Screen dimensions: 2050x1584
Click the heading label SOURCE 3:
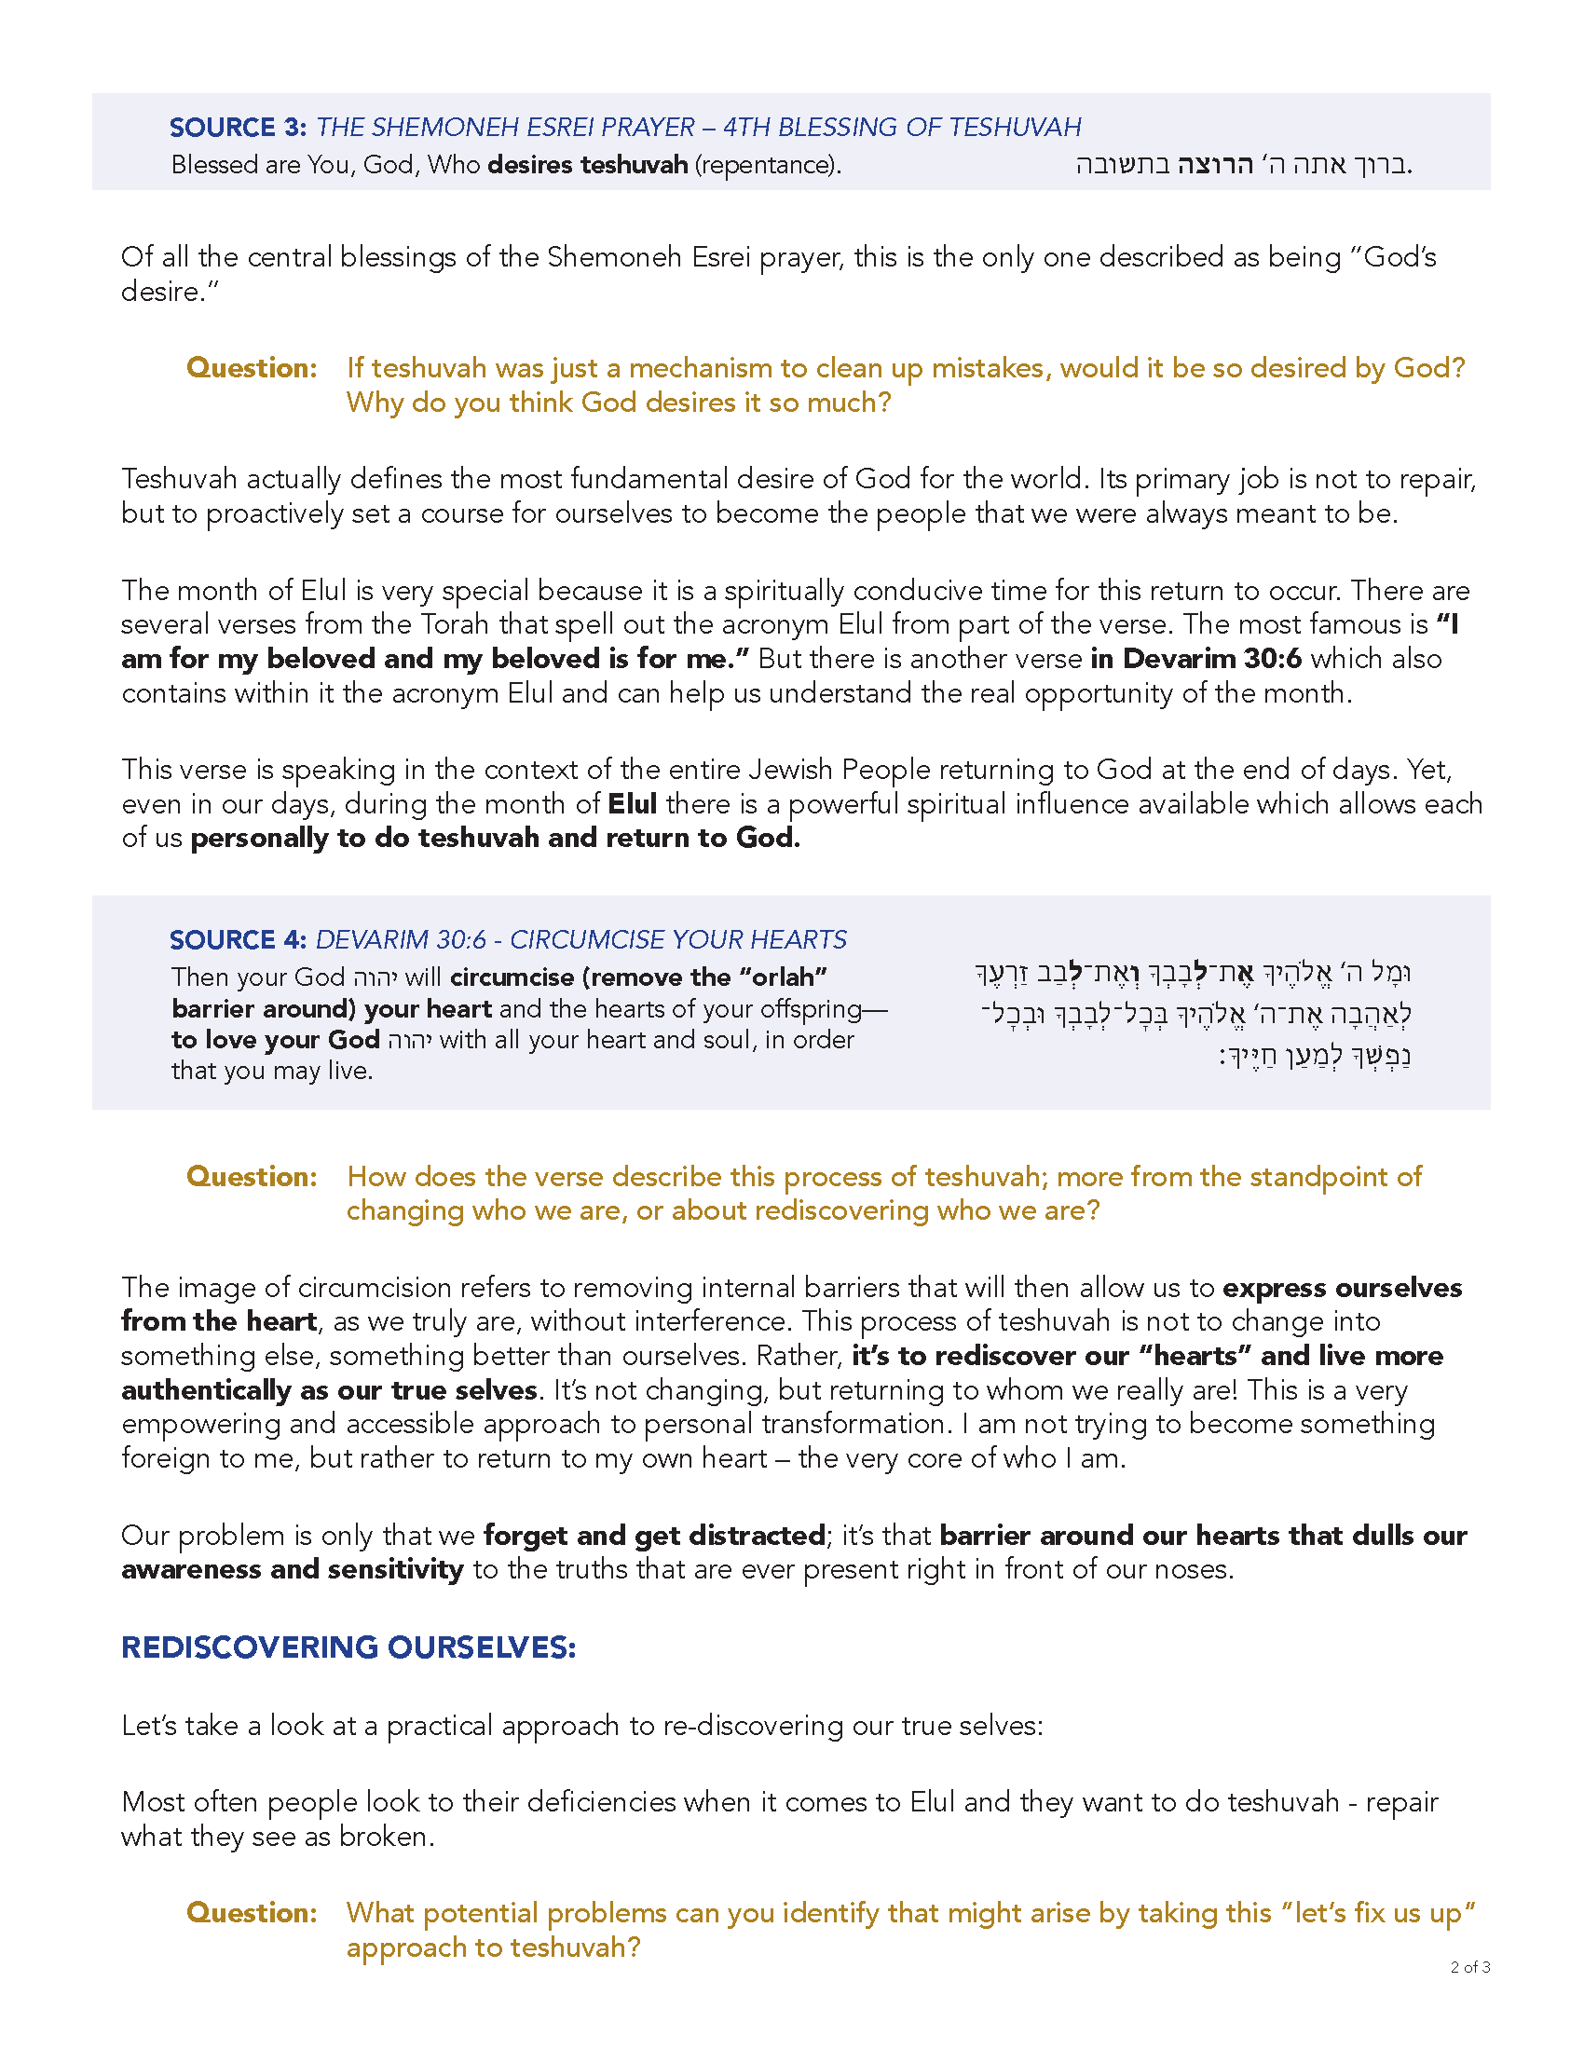tap(238, 127)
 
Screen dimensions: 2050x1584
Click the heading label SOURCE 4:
tap(238, 939)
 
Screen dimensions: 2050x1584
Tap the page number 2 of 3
tap(1469, 1966)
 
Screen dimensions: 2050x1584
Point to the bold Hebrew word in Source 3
tap(1215, 165)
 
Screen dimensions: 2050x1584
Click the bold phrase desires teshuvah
tap(587, 165)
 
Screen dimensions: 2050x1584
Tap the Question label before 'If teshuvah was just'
tap(252, 368)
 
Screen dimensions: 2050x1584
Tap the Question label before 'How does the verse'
tap(252, 1176)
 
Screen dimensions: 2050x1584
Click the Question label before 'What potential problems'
tap(252, 1912)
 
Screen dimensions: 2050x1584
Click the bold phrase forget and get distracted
tap(654, 1536)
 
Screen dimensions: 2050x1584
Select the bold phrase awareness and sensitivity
tap(292, 1569)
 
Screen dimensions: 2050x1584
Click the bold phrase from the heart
tap(219, 1321)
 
